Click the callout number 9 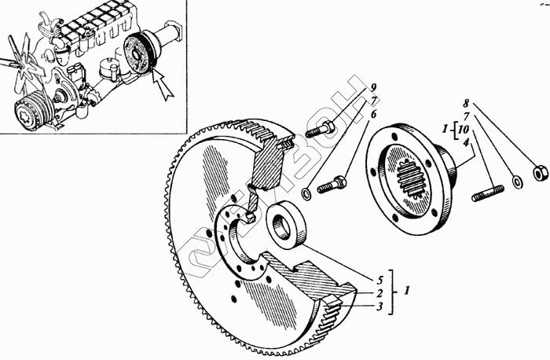coord(375,87)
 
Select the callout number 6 coord(375,113)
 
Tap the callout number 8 coord(467,103)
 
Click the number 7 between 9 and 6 coord(375,100)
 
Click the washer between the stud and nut coord(516,182)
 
